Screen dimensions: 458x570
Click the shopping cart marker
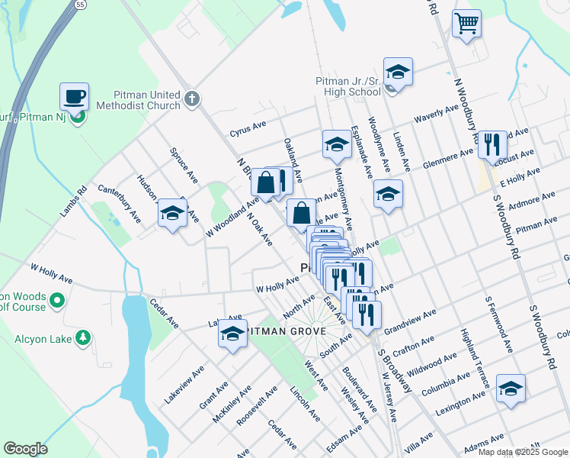pyautogui.click(x=466, y=23)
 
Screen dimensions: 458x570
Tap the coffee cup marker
pyautogui.click(x=75, y=97)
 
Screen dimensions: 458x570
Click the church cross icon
pyautogui.click(x=192, y=98)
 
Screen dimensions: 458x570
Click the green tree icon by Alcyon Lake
pyautogui.click(x=82, y=337)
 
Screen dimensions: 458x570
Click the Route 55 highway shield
pyautogui.click(x=80, y=5)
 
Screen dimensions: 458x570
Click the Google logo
pyautogui.click(x=25, y=449)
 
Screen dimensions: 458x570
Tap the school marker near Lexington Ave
pyautogui.click(x=511, y=388)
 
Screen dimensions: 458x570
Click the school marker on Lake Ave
pyautogui.click(x=232, y=333)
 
